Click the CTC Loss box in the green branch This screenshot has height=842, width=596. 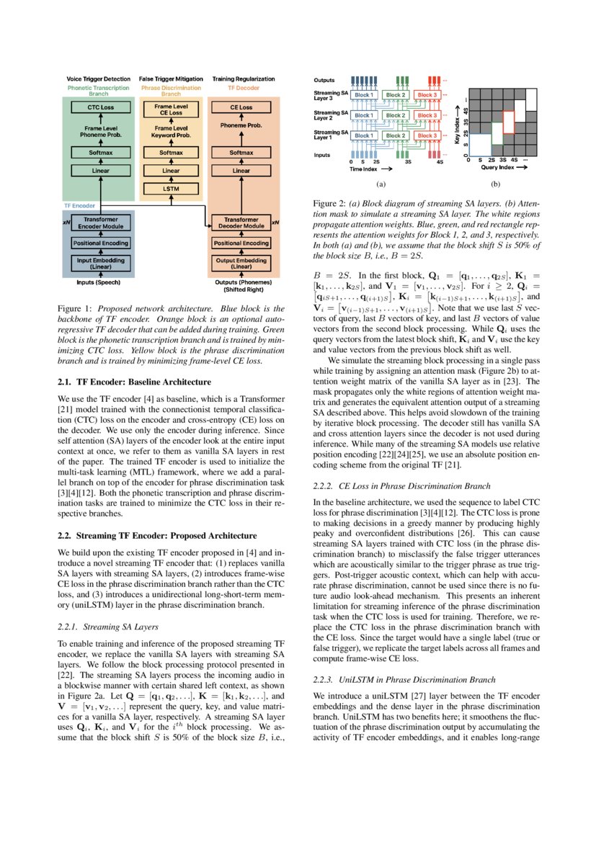coord(98,107)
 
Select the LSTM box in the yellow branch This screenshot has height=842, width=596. coord(171,188)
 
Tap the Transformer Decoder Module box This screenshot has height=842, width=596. coord(241,222)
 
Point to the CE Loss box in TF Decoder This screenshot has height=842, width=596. coord(241,107)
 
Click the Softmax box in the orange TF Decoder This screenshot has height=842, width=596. coord(241,153)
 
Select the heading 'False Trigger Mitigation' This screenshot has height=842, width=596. coord(171,78)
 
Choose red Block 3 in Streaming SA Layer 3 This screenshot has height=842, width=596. coord(427,95)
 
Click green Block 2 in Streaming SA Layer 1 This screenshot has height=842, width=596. coord(396,135)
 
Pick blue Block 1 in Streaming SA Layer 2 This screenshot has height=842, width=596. coord(364,115)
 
